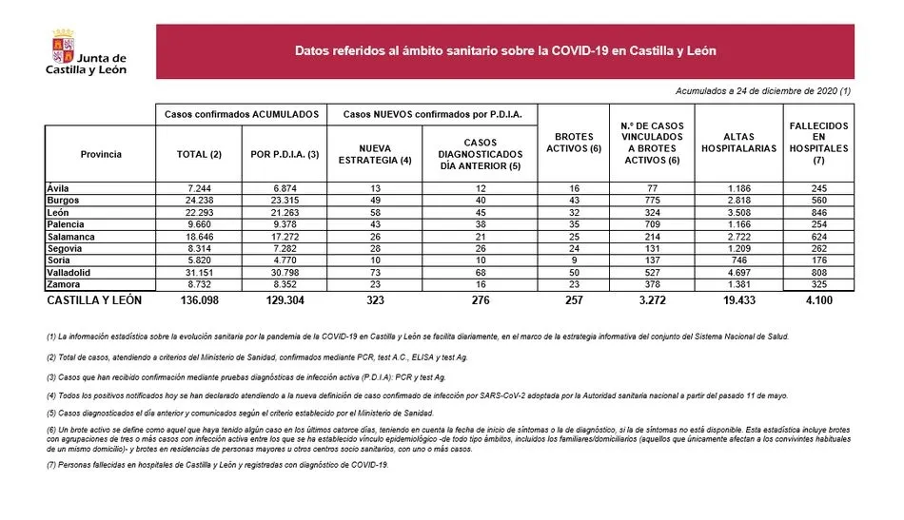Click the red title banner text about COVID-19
click(505, 50)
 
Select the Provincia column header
click(101, 154)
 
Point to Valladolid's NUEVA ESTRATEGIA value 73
click(375, 273)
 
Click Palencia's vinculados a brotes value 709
click(653, 225)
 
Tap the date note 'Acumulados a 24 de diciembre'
click(763, 90)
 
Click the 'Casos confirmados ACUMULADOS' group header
click(242, 113)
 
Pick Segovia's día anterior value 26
click(480, 249)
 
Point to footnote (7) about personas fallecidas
click(218, 464)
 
